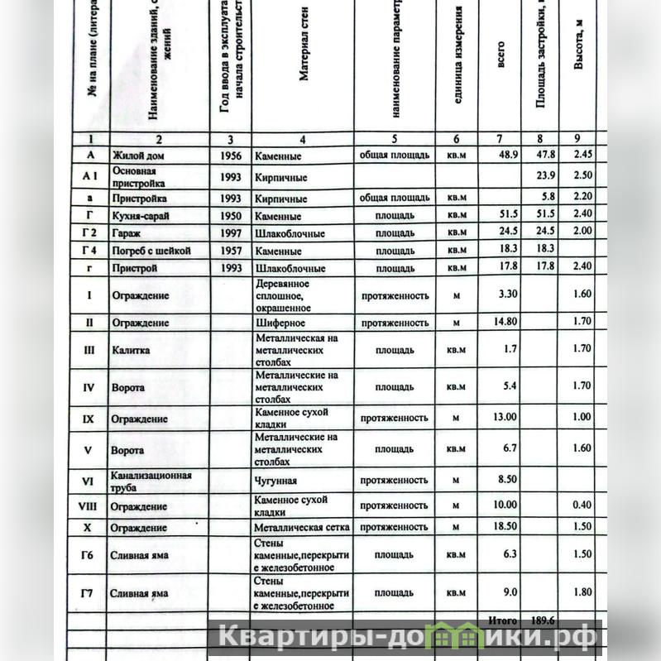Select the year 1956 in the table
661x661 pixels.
231,156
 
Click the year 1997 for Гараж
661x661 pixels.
231,233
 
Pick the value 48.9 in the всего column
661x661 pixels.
506,155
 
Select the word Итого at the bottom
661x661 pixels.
502,620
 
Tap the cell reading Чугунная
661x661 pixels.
275,481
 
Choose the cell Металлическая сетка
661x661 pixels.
301,527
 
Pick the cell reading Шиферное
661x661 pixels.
280,323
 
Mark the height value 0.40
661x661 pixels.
583,505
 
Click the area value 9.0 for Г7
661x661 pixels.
510,592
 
